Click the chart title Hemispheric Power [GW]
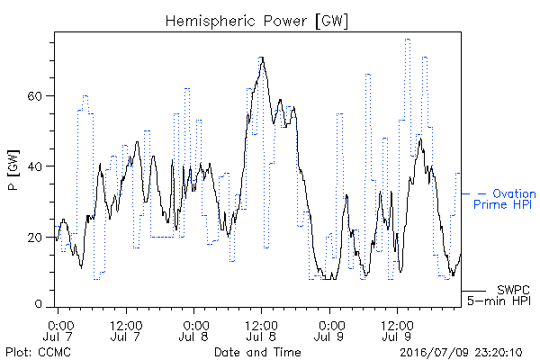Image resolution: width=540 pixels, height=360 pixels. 256,21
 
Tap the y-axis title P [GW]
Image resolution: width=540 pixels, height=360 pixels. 13,170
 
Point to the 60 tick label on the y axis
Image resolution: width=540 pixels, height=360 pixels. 34,95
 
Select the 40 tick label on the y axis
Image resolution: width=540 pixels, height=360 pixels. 34,166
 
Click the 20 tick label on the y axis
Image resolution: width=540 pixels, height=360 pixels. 34,238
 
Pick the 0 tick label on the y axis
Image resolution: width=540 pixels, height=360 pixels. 39,304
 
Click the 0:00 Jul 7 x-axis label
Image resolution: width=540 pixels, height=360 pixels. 58,330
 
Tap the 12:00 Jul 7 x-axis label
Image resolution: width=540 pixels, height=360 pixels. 126,330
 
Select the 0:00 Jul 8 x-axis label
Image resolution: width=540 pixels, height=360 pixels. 194,330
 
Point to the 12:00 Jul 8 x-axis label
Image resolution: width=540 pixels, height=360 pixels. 261,330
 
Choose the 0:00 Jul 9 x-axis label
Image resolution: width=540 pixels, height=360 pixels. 329,330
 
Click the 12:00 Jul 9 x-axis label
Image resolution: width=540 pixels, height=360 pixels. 397,330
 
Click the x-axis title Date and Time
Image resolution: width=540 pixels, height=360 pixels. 257,352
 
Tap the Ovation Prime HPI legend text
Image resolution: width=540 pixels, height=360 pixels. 505,199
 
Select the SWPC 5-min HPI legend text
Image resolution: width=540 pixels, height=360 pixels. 499,295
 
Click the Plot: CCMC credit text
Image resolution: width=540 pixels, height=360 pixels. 38,352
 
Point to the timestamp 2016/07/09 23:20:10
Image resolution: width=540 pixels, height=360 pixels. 461,353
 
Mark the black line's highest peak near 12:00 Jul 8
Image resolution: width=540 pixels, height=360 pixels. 263,58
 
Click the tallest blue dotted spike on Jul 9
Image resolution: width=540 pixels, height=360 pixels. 408,40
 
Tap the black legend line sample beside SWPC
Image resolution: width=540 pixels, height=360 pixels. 473,291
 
